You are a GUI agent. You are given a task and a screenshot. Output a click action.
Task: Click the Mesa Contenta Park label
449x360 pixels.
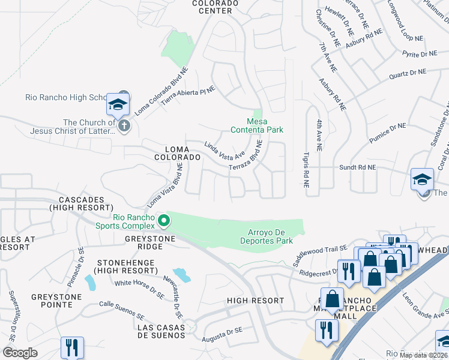tap(258, 125)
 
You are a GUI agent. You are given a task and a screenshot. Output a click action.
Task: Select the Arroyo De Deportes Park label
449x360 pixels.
tap(270, 236)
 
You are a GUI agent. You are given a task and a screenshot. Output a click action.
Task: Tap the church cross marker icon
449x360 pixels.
tap(124, 126)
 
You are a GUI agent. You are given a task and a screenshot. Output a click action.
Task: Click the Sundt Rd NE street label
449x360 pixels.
tap(358, 167)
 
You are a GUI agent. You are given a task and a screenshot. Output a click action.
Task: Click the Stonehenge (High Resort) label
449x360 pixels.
tap(125, 267)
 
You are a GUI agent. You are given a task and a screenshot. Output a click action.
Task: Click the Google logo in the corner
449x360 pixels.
tap(20, 353)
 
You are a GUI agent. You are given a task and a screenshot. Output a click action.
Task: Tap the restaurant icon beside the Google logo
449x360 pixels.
tap(72, 348)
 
